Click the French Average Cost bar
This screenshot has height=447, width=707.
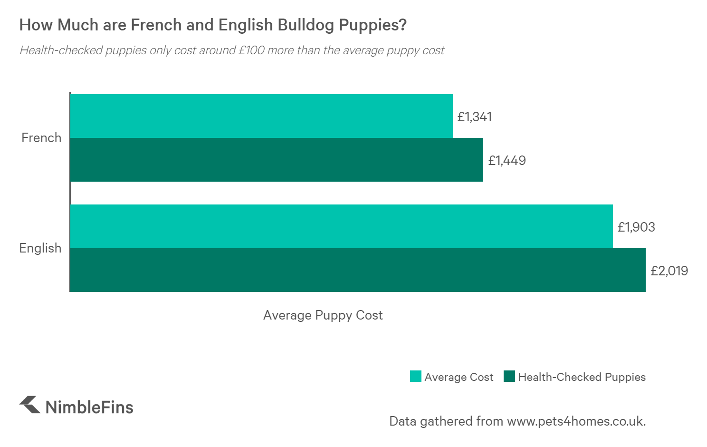[x=261, y=116]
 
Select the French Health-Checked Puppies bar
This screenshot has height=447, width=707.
[x=277, y=160]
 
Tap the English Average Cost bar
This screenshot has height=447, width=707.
[x=341, y=226]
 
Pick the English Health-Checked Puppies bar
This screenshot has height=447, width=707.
[x=357, y=270]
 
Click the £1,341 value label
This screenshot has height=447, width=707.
[x=475, y=117]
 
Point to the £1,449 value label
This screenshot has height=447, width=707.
[x=507, y=161]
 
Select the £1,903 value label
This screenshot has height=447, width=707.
[x=636, y=227]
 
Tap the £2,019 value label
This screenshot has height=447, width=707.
[x=669, y=271]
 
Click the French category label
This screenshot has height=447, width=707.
[x=41, y=138]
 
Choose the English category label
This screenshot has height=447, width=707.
[x=40, y=248]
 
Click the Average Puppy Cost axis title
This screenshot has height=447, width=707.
[x=323, y=315]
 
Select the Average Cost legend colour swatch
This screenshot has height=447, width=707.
[x=416, y=377]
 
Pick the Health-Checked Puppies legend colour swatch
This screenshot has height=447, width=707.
[x=509, y=377]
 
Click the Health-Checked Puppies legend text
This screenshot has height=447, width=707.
[x=582, y=377]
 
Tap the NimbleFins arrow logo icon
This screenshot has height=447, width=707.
[x=30, y=405]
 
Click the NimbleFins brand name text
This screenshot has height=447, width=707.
[x=89, y=408]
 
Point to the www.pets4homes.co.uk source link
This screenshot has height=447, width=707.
[x=576, y=421]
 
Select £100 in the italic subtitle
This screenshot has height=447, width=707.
[x=251, y=50]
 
